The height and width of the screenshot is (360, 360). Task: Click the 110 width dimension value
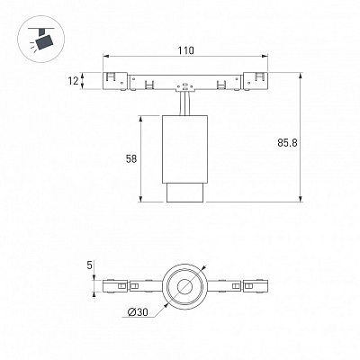pyautogui.click(x=185, y=50)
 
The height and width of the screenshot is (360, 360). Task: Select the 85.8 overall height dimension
pyautogui.click(x=287, y=143)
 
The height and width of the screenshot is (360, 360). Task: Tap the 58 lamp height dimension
pyautogui.click(x=131, y=158)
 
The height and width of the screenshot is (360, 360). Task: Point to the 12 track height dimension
pyautogui.click(x=73, y=81)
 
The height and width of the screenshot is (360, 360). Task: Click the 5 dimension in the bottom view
pyautogui.click(x=89, y=265)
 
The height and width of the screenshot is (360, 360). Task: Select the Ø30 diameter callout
pyautogui.click(x=138, y=312)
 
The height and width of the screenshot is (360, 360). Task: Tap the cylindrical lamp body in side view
pyautogui.click(x=184, y=149)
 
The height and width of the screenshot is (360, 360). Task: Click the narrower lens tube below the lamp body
pyautogui.click(x=185, y=193)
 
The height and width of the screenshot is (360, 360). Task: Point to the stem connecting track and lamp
pyautogui.click(x=185, y=103)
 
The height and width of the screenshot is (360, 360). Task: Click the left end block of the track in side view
pyautogui.click(x=115, y=81)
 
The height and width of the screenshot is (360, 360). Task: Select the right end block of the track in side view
pyautogui.click(x=256, y=81)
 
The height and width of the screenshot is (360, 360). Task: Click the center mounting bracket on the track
pyautogui.click(x=185, y=86)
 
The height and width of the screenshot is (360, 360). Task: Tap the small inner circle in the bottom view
pyautogui.click(x=184, y=287)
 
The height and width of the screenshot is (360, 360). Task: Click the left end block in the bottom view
pyautogui.click(x=115, y=286)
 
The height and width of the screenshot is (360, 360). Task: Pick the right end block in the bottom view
pyautogui.click(x=256, y=286)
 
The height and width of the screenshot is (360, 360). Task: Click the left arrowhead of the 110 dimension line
pyautogui.click(x=106, y=56)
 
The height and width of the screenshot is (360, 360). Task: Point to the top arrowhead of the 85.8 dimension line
pyautogui.click(x=301, y=75)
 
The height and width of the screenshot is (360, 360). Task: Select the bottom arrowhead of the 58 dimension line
pyautogui.click(x=140, y=199)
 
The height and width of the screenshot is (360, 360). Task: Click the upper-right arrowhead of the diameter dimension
pyautogui.click(x=204, y=267)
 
